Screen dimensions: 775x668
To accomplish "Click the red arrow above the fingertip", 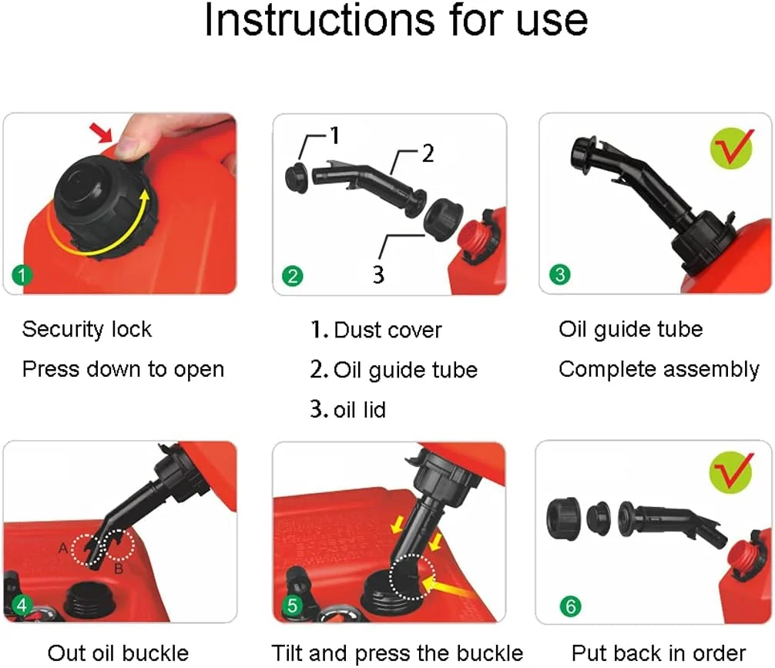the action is click(x=102, y=133).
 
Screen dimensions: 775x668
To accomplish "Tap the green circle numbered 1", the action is click(x=22, y=275).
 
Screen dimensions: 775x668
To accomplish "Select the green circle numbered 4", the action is click(x=22, y=605).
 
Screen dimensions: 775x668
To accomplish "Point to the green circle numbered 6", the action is click(x=570, y=606).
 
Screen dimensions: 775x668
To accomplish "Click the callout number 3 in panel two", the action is click(x=378, y=274).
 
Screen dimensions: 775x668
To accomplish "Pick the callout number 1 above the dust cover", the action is click(x=334, y=136).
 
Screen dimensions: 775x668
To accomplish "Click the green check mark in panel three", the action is click(x=732, y=148).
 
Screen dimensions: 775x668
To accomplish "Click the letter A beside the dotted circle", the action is click(x=63, y=549).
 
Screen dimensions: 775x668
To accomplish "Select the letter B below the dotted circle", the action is click(x=119, y=569).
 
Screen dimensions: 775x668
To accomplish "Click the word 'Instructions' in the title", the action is click(x=320, y=21).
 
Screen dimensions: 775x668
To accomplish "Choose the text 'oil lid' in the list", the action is click(x=359, y=410).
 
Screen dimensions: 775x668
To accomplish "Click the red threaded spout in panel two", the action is click(x=475, y=239).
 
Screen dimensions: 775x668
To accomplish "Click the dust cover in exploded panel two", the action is click(x=297, y=177).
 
